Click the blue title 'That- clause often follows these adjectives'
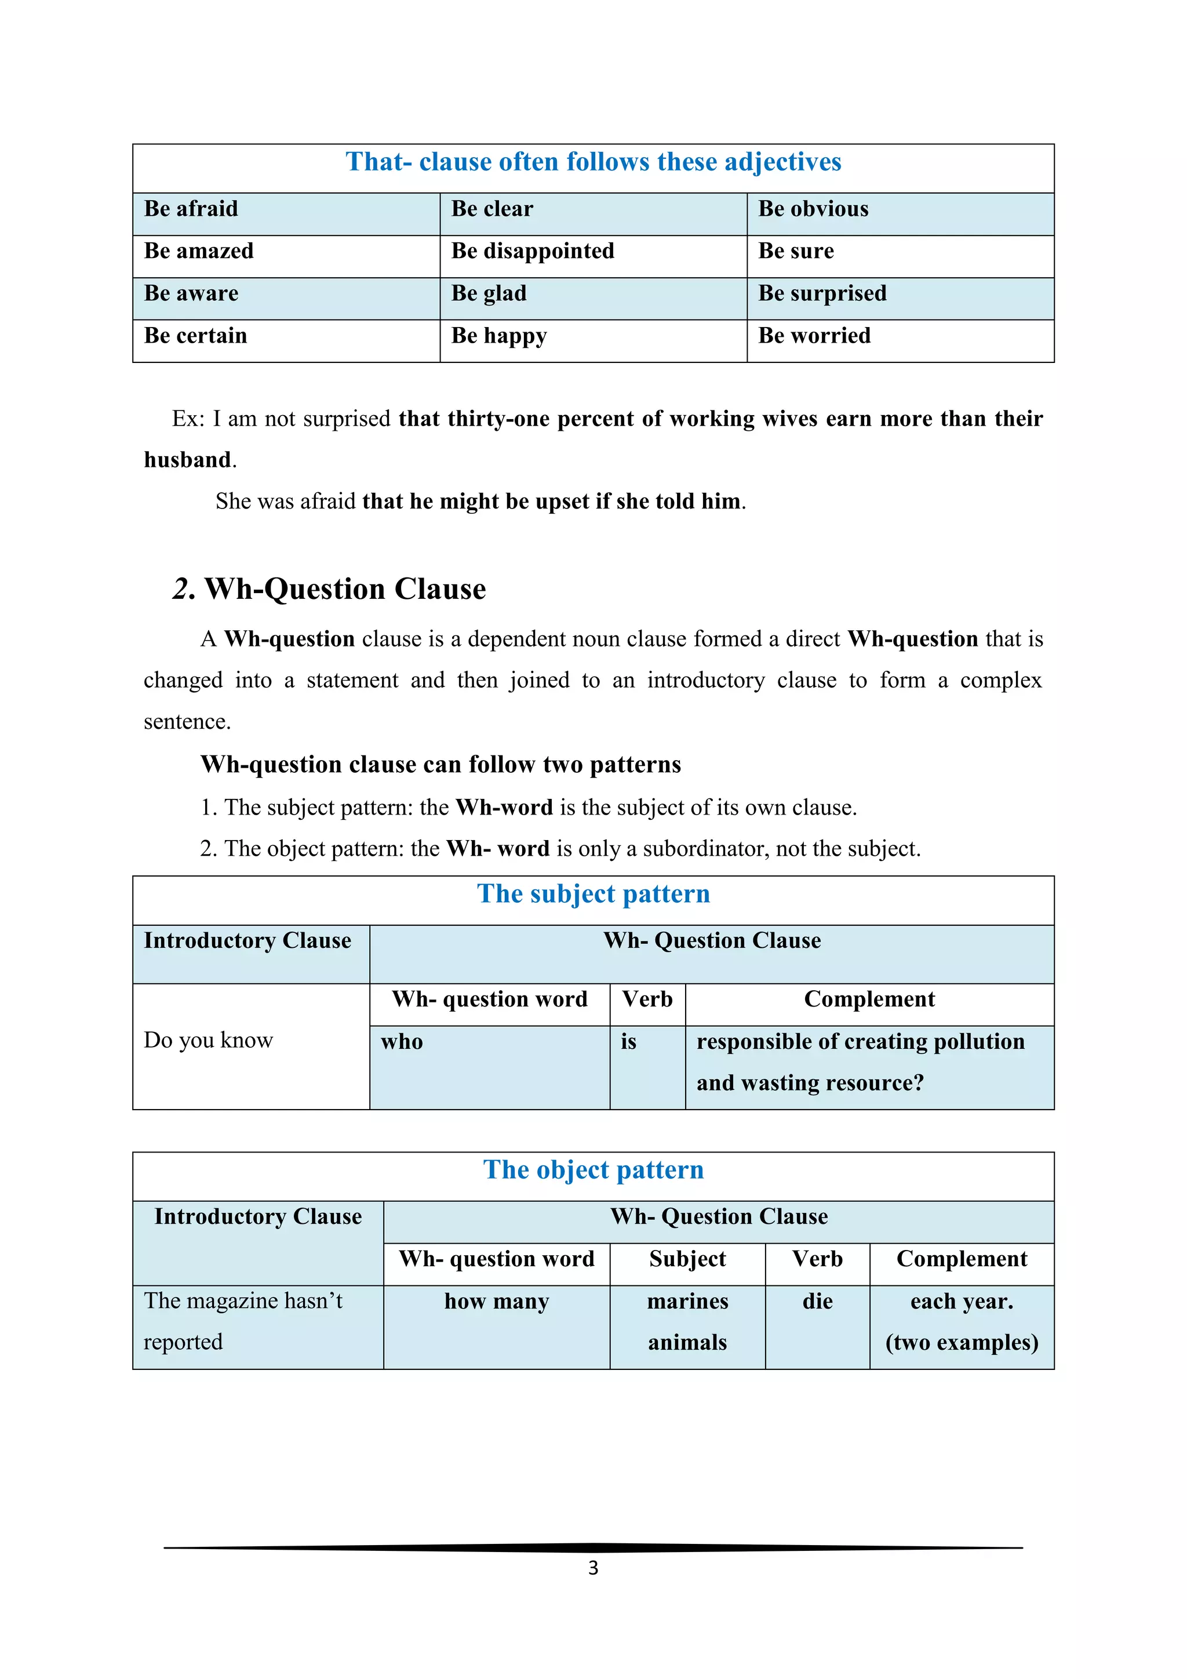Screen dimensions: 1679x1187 593,162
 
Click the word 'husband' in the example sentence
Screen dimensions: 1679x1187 188,460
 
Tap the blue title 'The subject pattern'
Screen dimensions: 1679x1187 593,893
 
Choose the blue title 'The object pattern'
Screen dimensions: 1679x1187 593,1170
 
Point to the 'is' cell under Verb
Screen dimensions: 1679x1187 629,1041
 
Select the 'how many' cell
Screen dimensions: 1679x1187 497,1302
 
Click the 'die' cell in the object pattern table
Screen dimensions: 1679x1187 817,1302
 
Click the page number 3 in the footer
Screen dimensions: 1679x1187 593,1568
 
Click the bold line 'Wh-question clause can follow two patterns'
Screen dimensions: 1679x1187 440,765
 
